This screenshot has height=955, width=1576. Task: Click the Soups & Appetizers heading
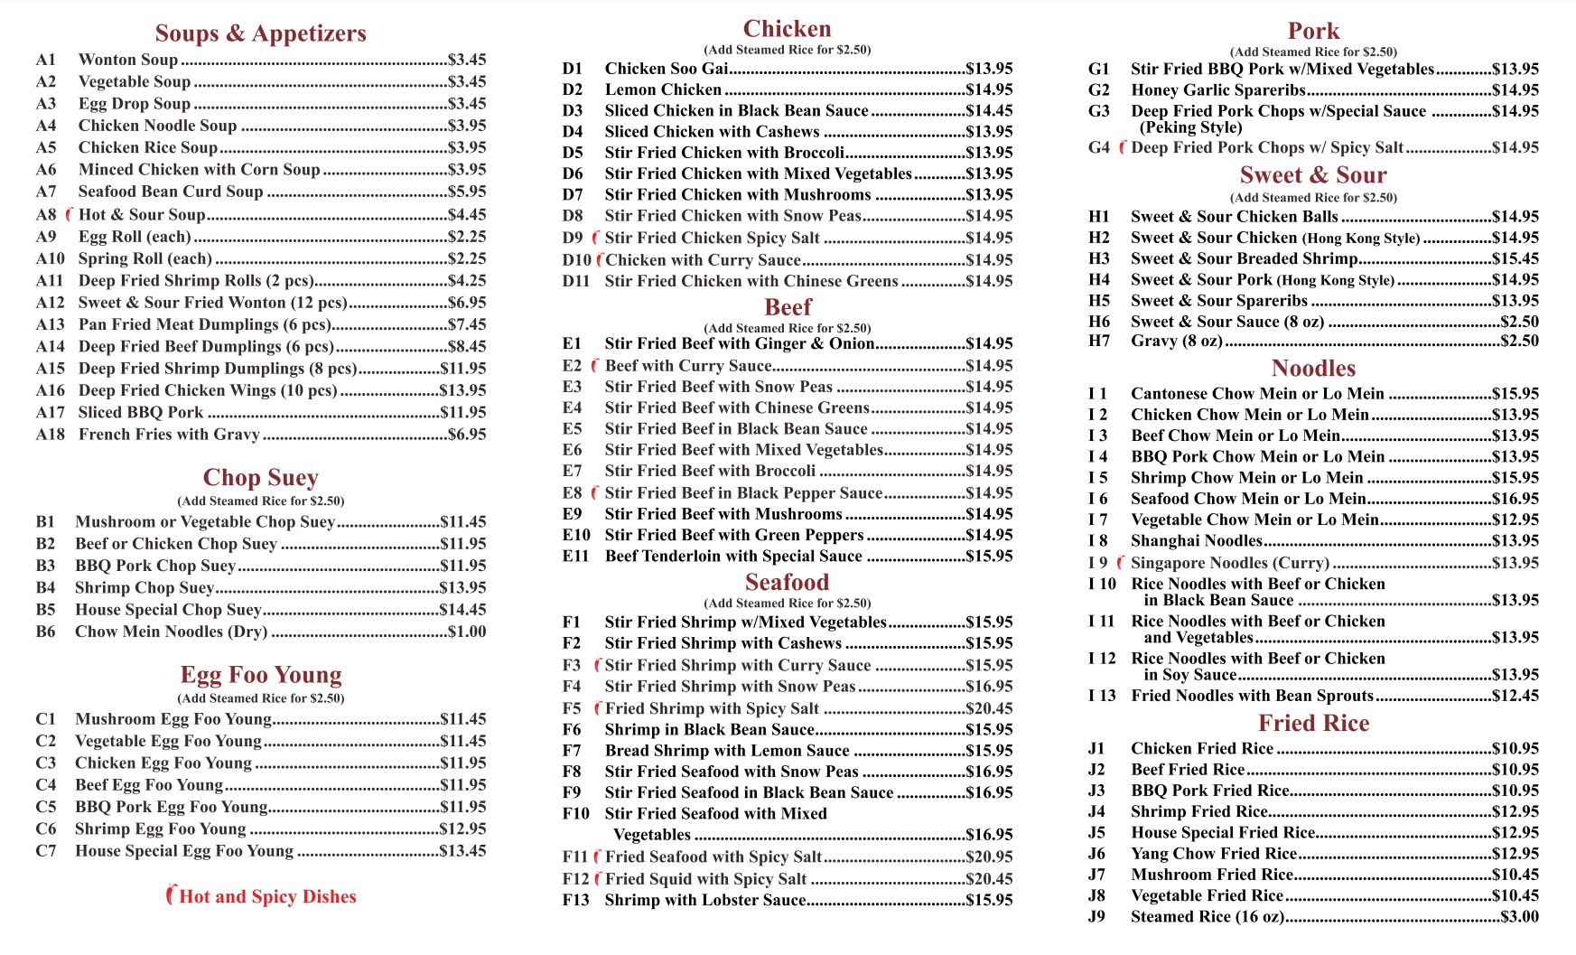[x=260, y=33]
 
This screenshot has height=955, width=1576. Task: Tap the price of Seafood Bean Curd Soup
[x=467, y=192]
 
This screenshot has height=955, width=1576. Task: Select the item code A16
[x=51, y=390]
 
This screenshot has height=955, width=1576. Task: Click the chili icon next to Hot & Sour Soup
[x=69, y=214]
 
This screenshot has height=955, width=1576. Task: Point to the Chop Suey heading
[x=260, y=478]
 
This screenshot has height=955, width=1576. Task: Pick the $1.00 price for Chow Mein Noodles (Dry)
[x=467, y=632]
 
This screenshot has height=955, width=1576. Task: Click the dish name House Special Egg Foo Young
[x=184, y=851]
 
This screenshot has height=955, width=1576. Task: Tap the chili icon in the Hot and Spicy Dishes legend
[x=171, y=895]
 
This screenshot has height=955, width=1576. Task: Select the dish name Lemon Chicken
[x=663, y=89]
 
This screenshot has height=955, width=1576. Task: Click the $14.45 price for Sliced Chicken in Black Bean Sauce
[x=989, y=110]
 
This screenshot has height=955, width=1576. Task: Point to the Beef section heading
[x=788, y=307]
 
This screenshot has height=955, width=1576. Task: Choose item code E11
[x=576, y=557]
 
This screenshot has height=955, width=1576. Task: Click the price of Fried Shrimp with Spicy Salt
[x=989, y=708]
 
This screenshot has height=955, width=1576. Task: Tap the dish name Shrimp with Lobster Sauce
[x=704, y=900]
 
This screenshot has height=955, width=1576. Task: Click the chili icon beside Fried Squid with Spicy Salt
[x=597, y=878]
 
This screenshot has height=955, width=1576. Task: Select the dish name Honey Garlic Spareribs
[x=1217, y=89]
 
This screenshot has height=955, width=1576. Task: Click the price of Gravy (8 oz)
[x=1519, y=341]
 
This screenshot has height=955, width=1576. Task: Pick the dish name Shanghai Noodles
[x=1196, y=541]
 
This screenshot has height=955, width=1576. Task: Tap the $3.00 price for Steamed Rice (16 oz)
[x=1519, y=916]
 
